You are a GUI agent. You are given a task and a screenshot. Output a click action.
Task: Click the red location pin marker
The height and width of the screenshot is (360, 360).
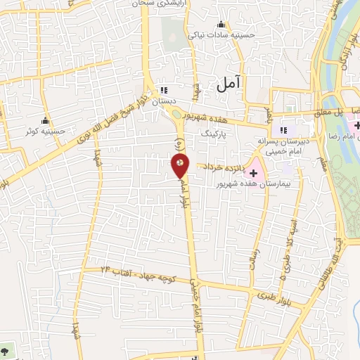[180, 165]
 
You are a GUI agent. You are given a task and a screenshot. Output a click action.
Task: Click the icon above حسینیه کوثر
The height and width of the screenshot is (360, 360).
[46, 119]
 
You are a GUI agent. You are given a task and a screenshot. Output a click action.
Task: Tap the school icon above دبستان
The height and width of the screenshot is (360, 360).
[165, 90]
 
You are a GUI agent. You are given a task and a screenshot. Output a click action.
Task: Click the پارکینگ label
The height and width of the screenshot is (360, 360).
[215, 132]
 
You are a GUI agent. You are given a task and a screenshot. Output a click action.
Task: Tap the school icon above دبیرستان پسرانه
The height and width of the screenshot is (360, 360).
[284, 130]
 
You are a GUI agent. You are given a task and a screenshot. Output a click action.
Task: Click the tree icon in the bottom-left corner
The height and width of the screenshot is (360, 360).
[6, 349]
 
